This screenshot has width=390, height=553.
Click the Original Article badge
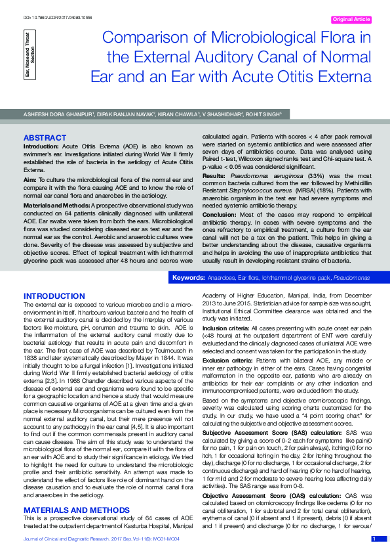[352, 20]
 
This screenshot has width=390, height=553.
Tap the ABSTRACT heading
[45, 137]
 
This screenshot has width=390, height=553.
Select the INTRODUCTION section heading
[55, 296]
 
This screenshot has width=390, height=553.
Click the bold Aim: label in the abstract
[29, 179]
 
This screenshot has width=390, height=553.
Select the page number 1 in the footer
[374, 539]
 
